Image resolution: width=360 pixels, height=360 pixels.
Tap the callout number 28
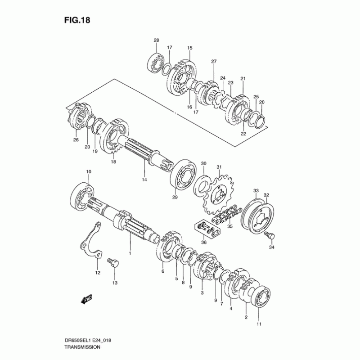(156, 40)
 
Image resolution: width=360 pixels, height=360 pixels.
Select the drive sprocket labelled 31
(217, 194)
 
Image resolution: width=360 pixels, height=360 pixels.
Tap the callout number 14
(144, 180)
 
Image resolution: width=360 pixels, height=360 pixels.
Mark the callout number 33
(255, 190)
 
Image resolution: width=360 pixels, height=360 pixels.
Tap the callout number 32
(266, 195)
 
